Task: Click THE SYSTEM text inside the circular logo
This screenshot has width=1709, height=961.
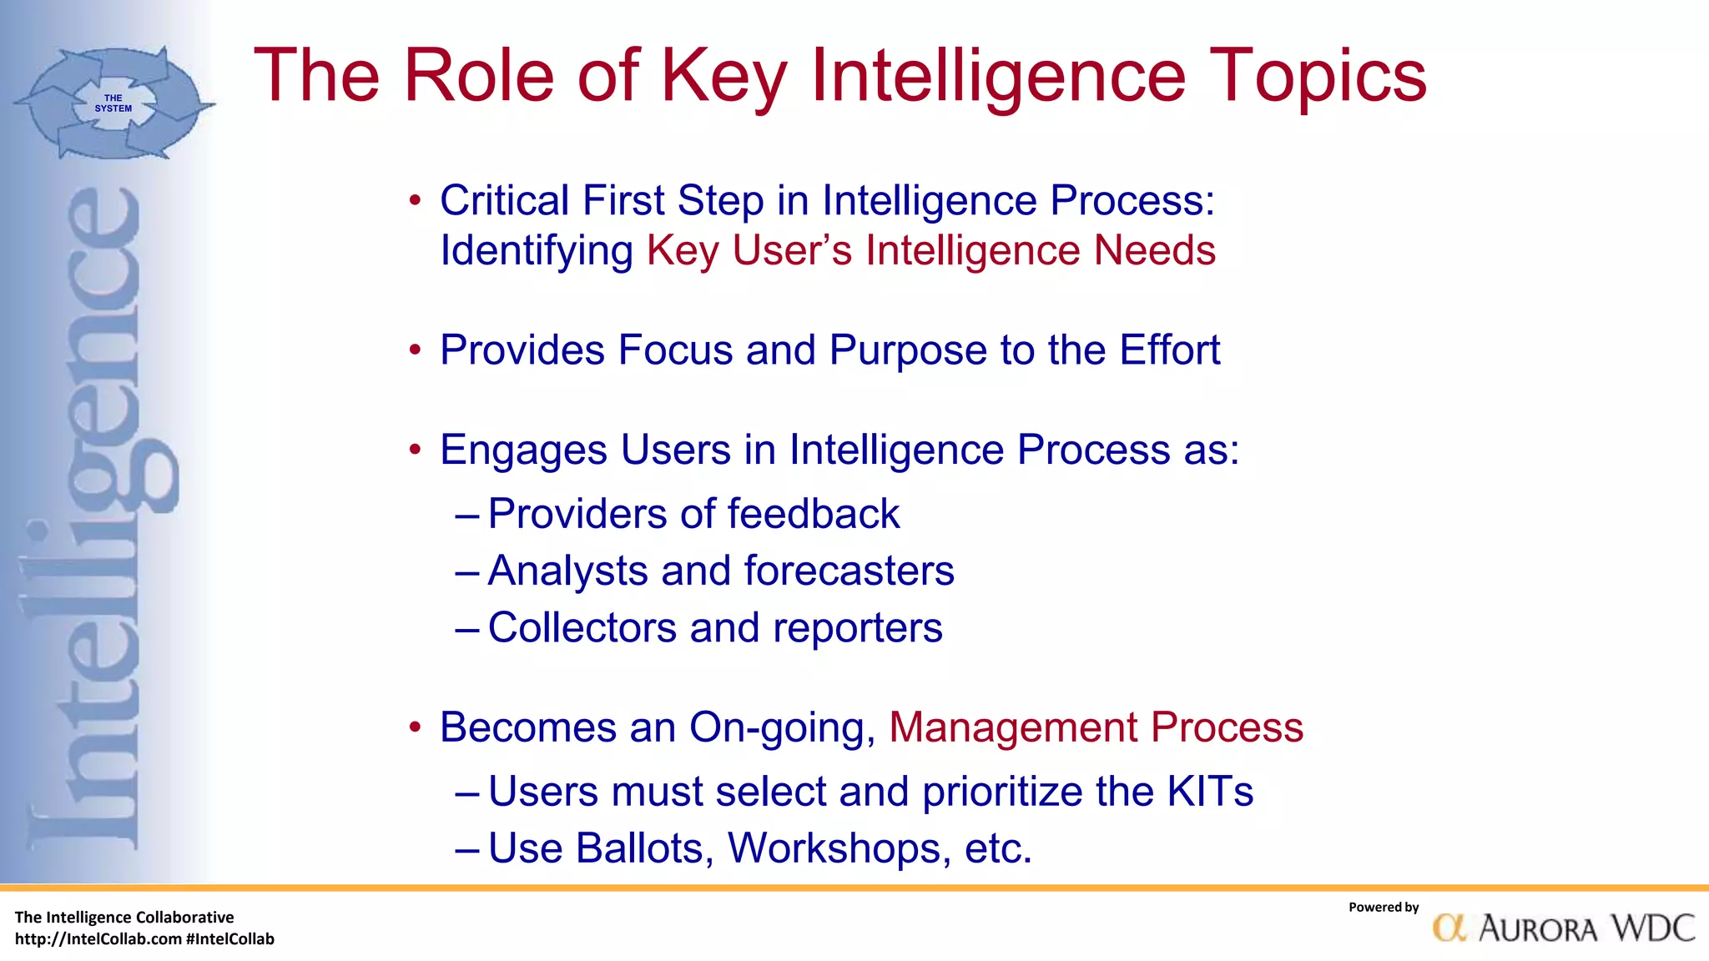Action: pos(113,103)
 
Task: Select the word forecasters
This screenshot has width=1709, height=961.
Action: pos(849,571)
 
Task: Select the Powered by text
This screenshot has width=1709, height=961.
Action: pos(1383,908)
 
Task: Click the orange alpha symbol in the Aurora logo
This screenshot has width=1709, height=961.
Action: pos(1449,928)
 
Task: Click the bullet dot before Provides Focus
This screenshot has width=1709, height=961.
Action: pos(415,350)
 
